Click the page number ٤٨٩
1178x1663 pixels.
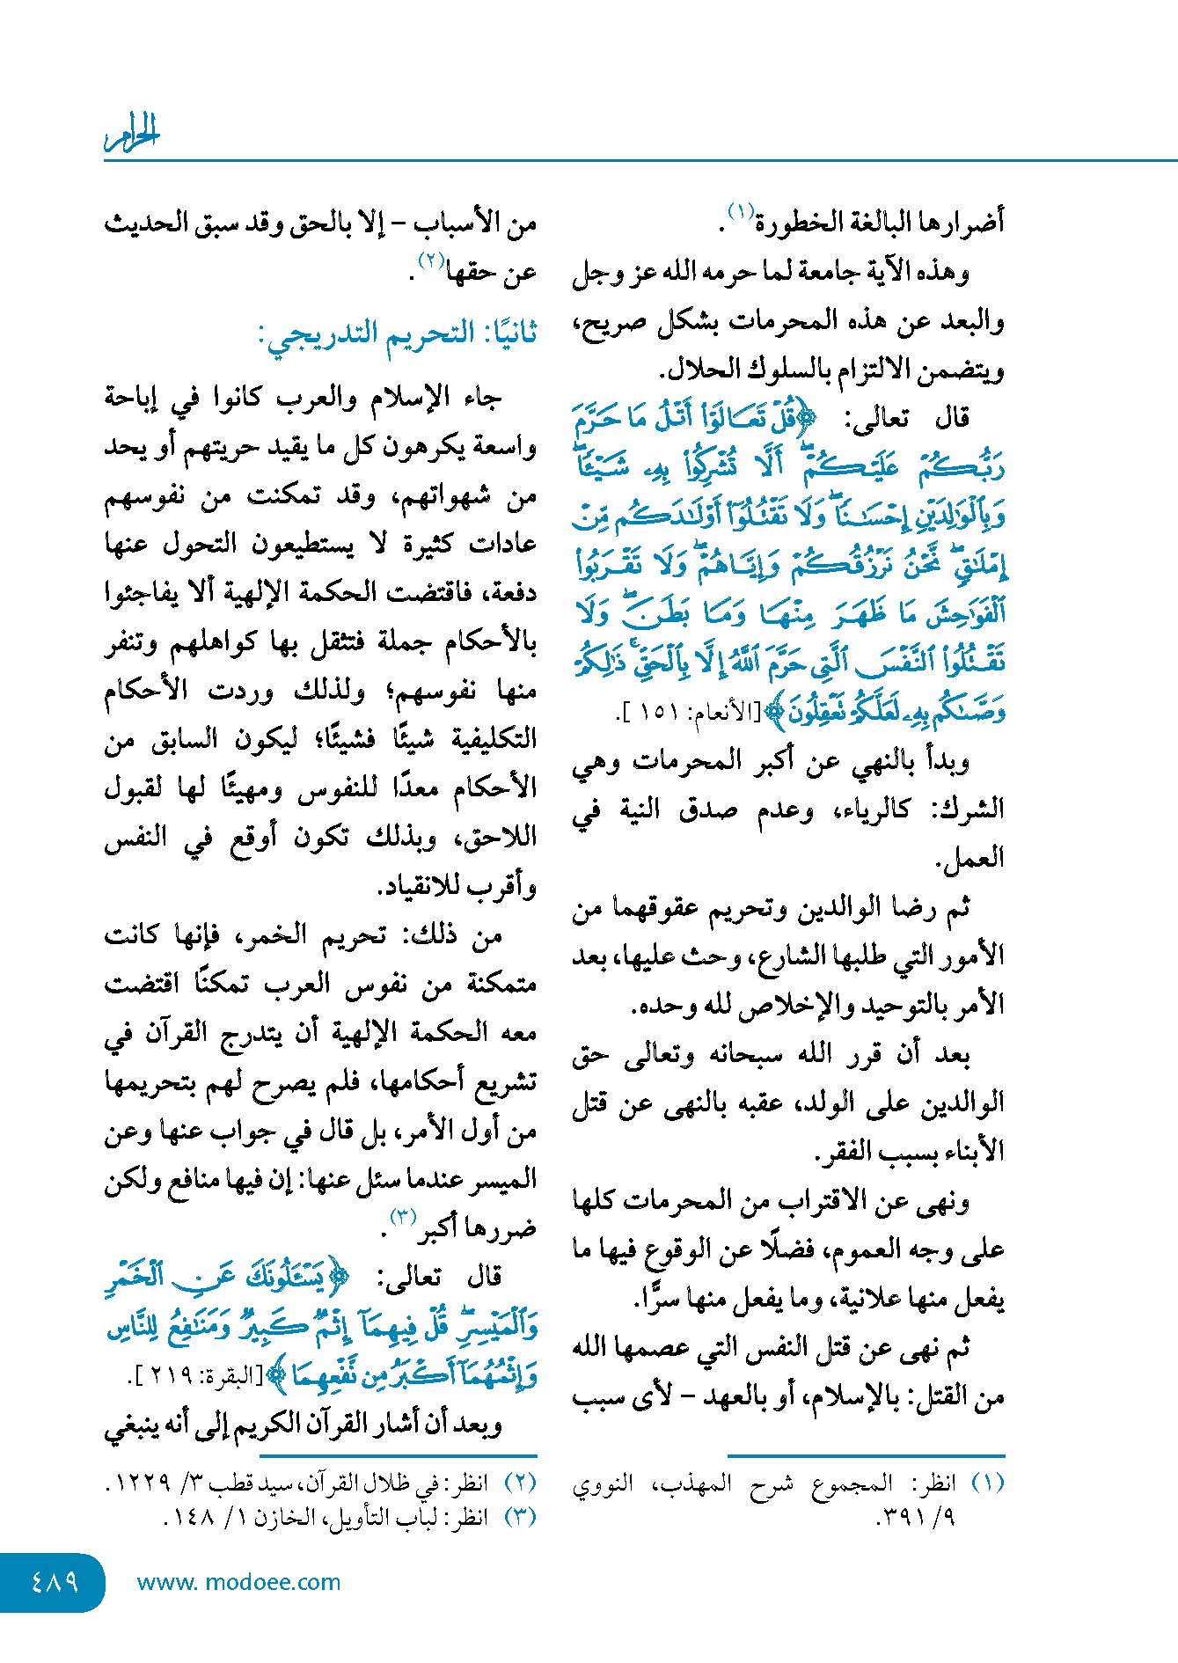(x=55, y=1582)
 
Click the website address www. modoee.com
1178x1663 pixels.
(x=238, y=1582)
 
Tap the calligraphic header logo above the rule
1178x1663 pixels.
(x=132, y=133)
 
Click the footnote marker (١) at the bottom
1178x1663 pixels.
(x=986, y=1484)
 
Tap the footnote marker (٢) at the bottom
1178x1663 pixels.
(x=519, y=1483)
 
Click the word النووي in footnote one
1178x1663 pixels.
(x=603, y=1484)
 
